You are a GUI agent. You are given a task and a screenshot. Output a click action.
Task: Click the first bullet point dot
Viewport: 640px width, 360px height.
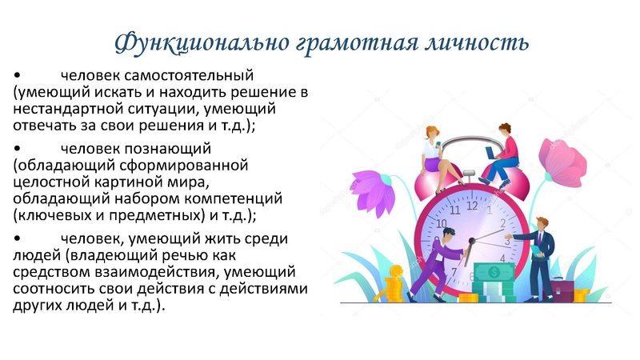pyautogui.click(x=17, y=77)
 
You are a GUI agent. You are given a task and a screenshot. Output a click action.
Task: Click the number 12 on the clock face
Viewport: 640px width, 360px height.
pyautogui.click(x=472, y=206)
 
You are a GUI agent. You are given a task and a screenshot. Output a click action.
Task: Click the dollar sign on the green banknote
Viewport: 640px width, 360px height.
pyautogui.click(x=494, y=273)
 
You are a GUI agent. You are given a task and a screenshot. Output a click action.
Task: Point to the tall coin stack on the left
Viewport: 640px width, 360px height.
pyautogui.click(x=394, y=284)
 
